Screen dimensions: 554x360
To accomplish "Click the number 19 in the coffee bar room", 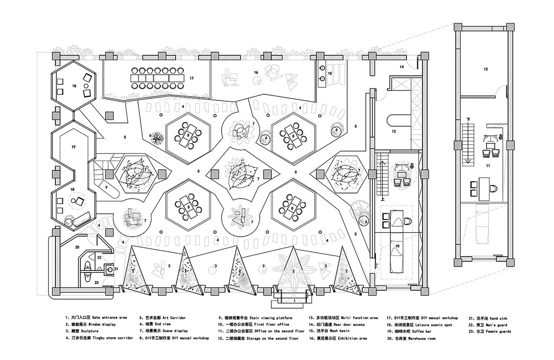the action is [x=74, y=147].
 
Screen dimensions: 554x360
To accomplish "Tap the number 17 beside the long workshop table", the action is [x=192, y=78].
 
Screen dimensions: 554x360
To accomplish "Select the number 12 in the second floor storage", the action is [x=486, y=69].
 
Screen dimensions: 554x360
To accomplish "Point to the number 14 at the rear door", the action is [x=402, y=67].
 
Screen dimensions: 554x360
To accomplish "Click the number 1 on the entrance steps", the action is [x=294, y=301].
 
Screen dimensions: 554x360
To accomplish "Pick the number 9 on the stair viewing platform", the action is [x=106, y=187].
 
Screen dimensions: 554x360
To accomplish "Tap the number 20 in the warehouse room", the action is [x=77, y=247].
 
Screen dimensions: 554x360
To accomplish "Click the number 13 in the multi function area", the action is [x=394, y=131].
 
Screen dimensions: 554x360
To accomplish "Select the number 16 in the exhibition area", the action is [x=256, y=72].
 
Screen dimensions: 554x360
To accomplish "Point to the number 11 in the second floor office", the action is [x=488, y=166].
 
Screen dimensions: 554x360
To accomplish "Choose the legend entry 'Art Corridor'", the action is [x=174, y=318].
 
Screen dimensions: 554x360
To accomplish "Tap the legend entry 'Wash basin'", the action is [x=340, y=331].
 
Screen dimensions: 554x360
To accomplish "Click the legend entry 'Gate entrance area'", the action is [x=110, y=318].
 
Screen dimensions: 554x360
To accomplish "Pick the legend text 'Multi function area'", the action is [x=359, y=318].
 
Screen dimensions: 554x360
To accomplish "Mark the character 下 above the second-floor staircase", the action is [x=468, y=119].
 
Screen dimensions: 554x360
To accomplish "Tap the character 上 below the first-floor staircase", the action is [x=383, y=199].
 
